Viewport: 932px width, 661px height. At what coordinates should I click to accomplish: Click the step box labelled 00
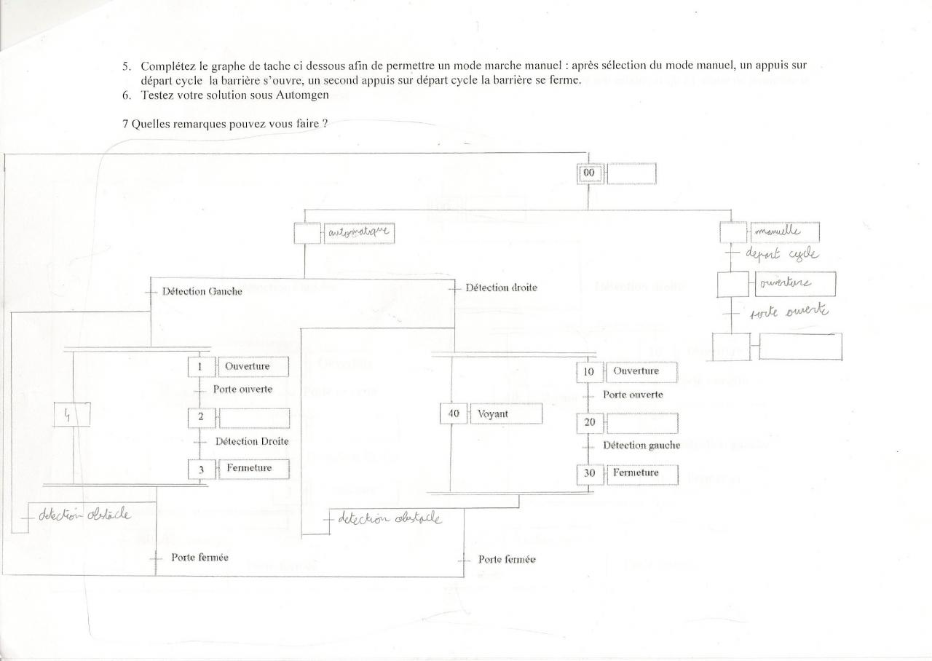pyautogui.click(x=589, y=173)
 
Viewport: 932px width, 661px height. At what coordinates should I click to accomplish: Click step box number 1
pyautogui.click(x=200, y=367)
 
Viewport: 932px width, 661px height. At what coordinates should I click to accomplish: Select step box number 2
pyautogui.click(x=200, y=418)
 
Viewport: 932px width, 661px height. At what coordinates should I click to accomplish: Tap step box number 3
pyautogui.click(x=200, y=469)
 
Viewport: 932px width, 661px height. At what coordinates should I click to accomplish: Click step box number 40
pyautogui.click(x=452, y=413)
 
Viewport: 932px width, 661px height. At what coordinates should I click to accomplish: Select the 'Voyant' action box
pyautogui.click(x=506, y=413)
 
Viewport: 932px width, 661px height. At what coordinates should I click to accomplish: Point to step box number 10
pyautogui.click(x=589, y=372)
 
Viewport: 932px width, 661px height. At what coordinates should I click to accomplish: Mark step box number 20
pyautogui.click(x=588, y=422)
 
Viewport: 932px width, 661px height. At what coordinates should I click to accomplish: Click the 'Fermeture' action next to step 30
pyautogui.click(x=640, y=473)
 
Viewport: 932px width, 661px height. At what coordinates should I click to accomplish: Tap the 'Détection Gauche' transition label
pyautogui.click(x=202, y=290)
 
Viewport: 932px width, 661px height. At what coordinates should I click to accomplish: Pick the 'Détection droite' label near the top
pyautogui.click(x=501, y=288)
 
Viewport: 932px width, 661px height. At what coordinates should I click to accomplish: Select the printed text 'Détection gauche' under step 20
pyautogui.click(x=641, y=445)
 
